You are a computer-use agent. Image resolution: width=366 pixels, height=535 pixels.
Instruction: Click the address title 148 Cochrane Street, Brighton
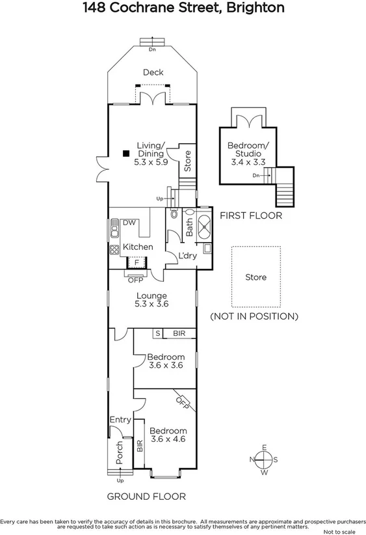[x=183, y=8]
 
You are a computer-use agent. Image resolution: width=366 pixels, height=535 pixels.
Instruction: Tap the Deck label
[x=153, y=73]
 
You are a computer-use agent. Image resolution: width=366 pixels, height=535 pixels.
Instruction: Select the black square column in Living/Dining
[x=125, y=153]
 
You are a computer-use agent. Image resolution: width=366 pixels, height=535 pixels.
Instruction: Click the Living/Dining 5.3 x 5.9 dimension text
[x=152, y=163]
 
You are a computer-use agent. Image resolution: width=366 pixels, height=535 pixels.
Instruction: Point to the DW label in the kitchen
[x=129, y=223]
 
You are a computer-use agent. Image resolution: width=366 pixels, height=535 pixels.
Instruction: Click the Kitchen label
[x=138, y=247]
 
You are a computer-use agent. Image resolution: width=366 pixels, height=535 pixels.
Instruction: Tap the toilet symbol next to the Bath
[x=174, y=213]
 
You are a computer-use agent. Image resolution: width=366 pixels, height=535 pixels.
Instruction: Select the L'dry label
[x=188, y=256]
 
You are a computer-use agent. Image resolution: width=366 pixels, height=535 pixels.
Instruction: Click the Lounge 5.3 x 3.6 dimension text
[x=152, y=304]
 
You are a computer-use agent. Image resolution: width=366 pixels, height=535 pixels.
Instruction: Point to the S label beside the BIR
[x=157, y=333]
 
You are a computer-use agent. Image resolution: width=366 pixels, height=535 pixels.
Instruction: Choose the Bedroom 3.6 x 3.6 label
[x=165, y=361]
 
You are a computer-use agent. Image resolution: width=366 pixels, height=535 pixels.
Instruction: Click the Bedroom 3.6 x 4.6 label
[x=168, y=435]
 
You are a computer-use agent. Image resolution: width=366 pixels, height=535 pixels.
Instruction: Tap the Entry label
[x=120, y=420]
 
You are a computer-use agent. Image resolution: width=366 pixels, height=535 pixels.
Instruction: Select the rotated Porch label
[x=119, y=453]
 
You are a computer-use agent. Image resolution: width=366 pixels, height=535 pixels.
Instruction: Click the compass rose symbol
[x=264, y=460]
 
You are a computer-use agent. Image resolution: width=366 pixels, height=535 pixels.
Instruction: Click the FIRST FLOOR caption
[x=250, y=215]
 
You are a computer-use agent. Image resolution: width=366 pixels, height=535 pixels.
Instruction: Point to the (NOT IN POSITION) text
[x=254, y=316]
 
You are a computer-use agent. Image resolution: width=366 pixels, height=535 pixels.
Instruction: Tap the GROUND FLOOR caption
[x=146, y=496]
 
